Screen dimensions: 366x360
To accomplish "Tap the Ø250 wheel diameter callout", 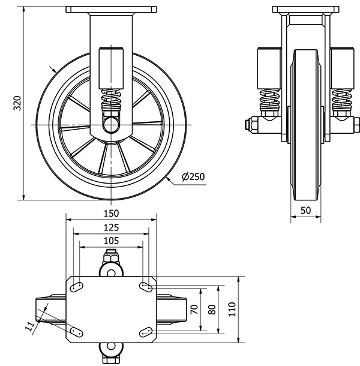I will [193, 176].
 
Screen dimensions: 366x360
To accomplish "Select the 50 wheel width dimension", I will [306, 211].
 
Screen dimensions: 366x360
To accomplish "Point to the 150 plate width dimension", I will [111, 213].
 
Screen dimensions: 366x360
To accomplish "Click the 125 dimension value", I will [111, 227].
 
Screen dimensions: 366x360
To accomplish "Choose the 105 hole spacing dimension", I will [111, 240].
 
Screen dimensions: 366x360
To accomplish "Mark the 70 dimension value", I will [193, 310].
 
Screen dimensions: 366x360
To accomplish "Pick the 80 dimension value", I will [211, 310].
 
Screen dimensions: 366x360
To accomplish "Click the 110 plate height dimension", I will [231, 310].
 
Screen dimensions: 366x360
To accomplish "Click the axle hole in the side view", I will [111, 124].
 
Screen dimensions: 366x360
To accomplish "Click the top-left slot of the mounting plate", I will [76, 287].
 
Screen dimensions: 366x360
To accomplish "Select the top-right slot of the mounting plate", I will [146, 287].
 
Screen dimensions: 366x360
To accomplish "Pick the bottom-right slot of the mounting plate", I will [146, 331].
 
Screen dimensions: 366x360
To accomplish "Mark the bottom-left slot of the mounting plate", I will [76, 331].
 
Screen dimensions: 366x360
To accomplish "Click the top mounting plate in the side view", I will [111, 10].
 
